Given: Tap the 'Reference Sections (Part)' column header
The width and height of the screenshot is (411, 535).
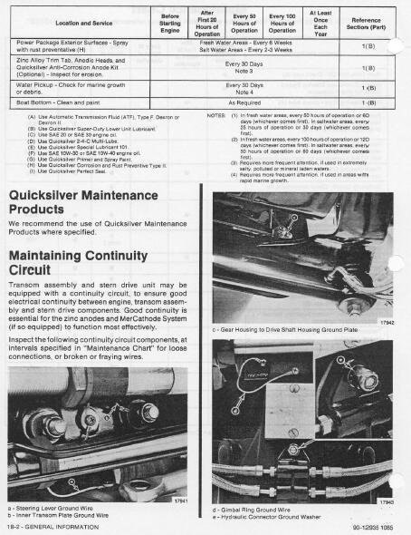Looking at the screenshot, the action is (x=367, y=21).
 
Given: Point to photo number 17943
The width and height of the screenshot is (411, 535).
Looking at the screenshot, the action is (x=385, y=501).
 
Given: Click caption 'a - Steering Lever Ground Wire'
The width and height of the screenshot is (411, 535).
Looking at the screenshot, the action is (x=52, y=509).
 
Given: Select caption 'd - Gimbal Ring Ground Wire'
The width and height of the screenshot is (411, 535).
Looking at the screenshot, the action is (x=254, y=510).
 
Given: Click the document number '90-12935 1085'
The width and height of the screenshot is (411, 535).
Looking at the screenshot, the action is (x=370, y=526).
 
